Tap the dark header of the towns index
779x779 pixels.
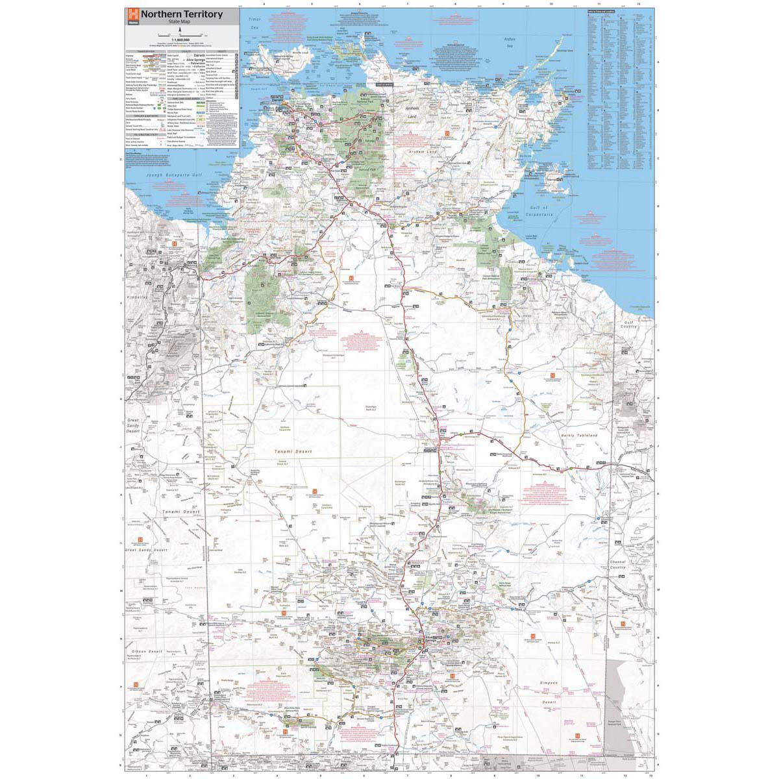click(600, 12)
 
